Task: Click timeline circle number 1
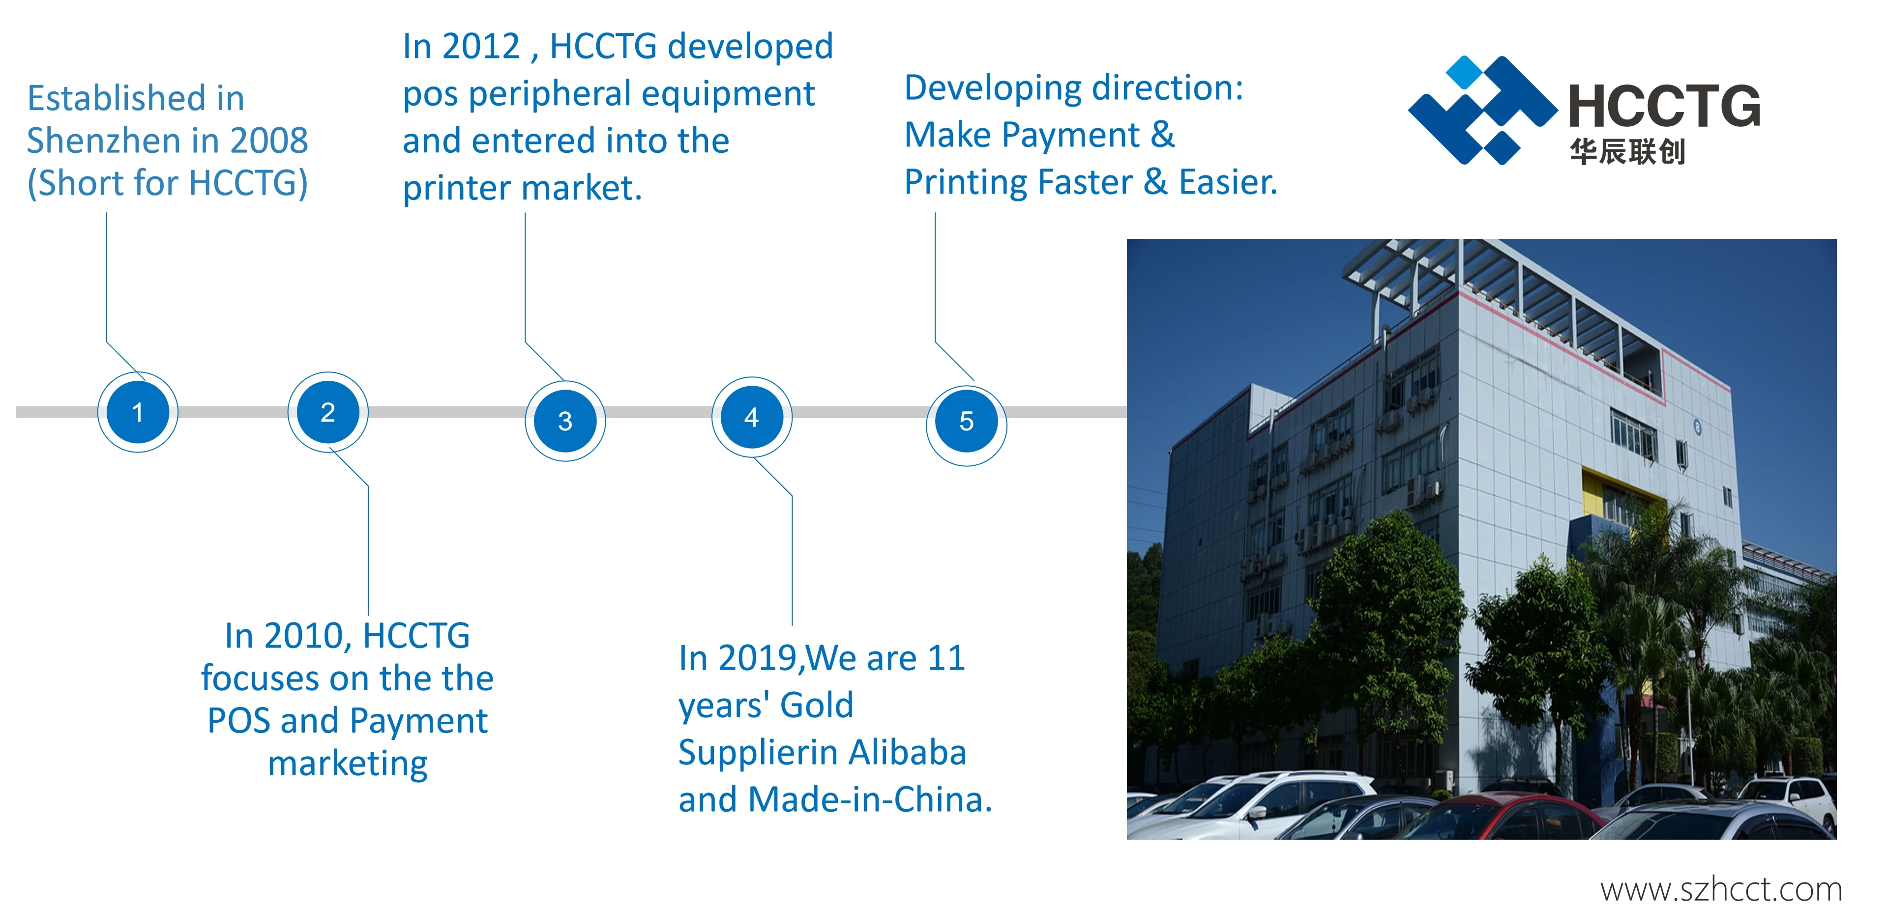138,412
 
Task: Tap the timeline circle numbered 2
327,412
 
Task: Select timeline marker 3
565,421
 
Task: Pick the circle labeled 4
751,417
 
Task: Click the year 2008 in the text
269,140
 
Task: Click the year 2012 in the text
481,46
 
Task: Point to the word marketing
348,764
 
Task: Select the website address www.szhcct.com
1721,889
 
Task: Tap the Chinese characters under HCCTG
1627,152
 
